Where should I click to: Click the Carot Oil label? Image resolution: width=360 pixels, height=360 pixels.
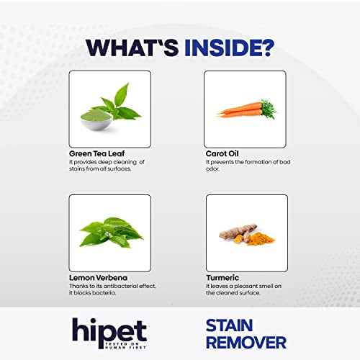click(221, 153)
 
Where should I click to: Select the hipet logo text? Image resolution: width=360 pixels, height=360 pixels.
click(109, 329)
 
